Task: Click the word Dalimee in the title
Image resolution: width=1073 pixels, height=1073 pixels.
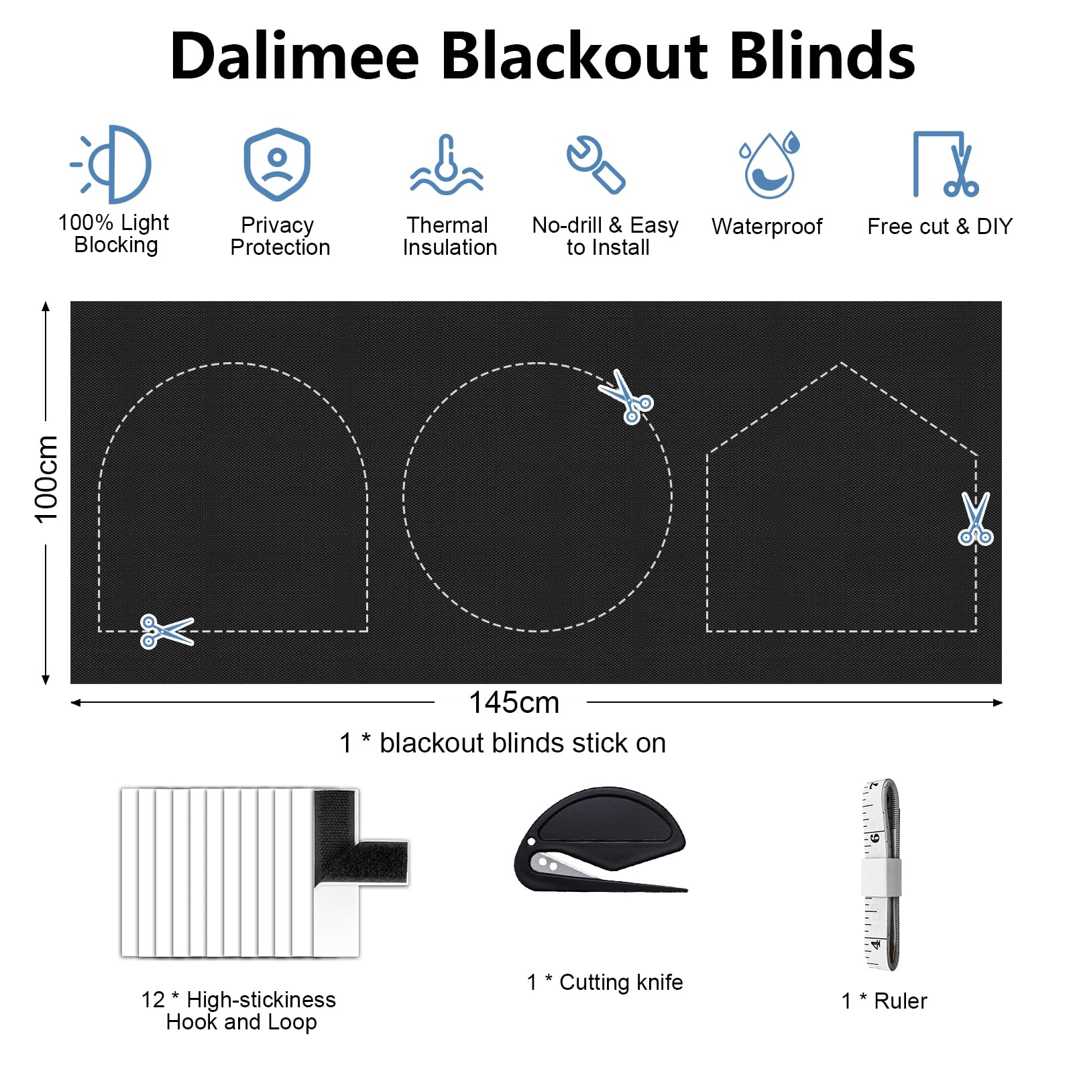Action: [294, 56]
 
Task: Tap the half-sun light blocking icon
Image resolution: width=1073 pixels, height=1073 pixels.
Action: [111, 164]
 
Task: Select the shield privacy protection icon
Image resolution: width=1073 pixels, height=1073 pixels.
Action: [277, 164]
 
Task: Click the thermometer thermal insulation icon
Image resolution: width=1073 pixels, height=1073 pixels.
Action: [447, 165]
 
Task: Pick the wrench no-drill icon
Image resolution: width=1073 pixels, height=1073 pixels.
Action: [596, 165]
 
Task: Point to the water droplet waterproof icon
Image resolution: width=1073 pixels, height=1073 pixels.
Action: [770, 165]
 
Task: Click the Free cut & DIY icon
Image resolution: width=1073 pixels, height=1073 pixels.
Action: [946, 164]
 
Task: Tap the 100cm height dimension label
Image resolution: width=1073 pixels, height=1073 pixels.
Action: [46, 478]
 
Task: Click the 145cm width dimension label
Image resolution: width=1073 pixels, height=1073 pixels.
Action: [514, 703]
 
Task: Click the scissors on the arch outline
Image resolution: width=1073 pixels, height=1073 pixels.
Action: [166, 631]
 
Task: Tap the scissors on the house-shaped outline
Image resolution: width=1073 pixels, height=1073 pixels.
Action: [976, 518]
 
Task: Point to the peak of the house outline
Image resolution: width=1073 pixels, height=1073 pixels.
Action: [841, 363]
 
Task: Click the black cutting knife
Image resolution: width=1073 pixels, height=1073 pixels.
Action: [601, 840]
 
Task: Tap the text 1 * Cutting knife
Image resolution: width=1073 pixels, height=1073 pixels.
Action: [605, 982]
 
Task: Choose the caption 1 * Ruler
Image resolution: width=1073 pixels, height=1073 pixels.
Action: [884, 1001]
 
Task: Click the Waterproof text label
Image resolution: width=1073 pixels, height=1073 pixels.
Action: [767, 227]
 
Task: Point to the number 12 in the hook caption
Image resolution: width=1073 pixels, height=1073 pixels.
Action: [153, 1000]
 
